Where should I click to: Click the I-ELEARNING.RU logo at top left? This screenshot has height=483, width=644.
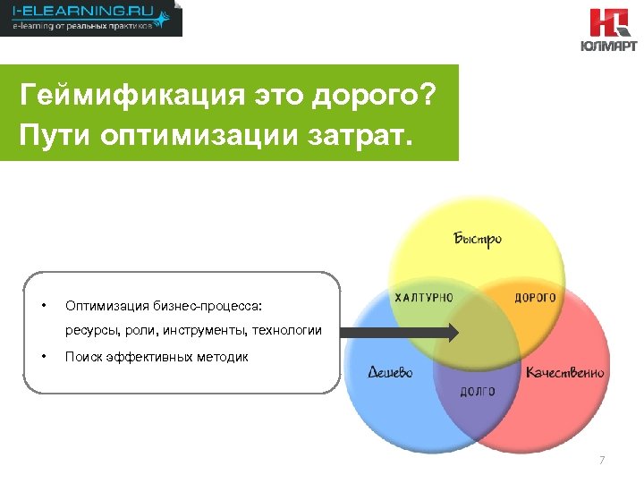point(90,18)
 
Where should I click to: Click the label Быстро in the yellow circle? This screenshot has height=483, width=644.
point(477,239)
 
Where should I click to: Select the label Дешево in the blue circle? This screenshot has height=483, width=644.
point(390,372)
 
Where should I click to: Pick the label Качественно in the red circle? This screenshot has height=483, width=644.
point(564,372)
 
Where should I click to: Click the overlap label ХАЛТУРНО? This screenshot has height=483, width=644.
point(424,297)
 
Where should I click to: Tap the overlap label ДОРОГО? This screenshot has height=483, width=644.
point(535,297)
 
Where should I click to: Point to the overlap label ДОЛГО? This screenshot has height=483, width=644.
point(477,392)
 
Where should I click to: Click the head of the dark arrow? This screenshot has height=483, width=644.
point(452,332)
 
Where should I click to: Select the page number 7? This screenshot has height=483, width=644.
point(602,461)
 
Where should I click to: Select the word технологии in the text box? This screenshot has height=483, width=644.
point(289,331)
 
